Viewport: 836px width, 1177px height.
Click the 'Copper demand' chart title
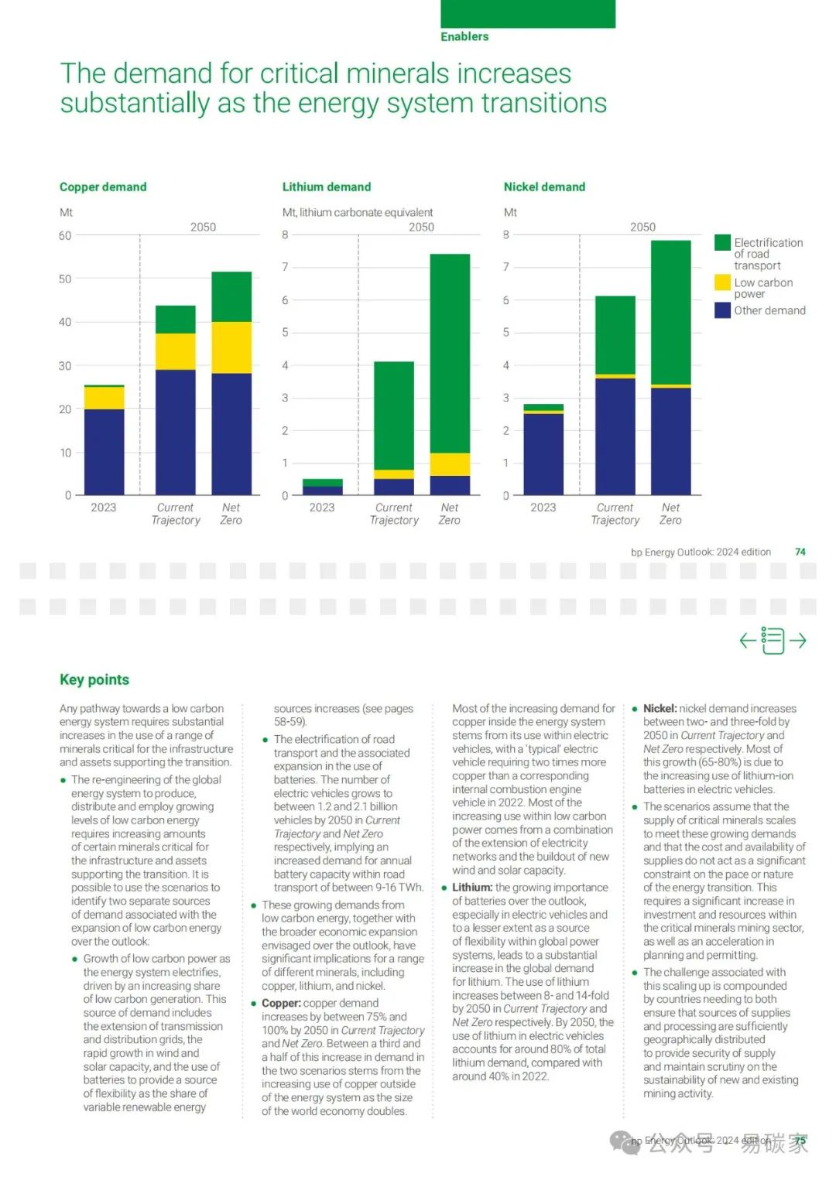click(x=103, y=187)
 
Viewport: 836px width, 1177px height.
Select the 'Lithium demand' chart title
click(x=327, y=187)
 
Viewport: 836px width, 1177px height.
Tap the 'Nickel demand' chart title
click(x=544, y=187)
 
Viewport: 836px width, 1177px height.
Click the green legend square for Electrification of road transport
click(x=722, y=243)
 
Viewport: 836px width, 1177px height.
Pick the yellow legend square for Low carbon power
click(x=722, y=282)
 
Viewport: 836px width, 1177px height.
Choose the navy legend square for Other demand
click(x=722, y=310)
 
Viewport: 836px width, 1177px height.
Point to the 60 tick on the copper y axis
click(x=65, y=235)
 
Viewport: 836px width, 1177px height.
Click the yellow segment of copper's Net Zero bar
click(x=231, y=347)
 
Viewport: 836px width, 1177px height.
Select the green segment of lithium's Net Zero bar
click(x=450, y=353)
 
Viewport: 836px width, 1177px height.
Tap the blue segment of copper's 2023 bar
click(x=104, y=452)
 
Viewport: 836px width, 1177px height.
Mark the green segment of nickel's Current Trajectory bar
click(x=615, y=335)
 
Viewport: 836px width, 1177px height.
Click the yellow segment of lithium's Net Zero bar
click(x=450, y=464)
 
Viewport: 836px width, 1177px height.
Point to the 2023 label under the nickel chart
click(x=543, y=508)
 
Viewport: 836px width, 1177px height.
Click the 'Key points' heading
click(x=94, y=679)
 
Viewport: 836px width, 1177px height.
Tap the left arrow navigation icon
click(x=748, y=641)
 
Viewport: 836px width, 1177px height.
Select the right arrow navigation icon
click(x=797, y=641)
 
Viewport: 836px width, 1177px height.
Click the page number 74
click(x=800, y=552)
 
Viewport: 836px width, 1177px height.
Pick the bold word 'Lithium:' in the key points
click(x=472, y=888)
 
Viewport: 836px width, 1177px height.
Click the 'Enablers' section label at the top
click(x=464, y=36)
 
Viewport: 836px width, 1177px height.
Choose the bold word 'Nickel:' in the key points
click(x=660, y=708)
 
